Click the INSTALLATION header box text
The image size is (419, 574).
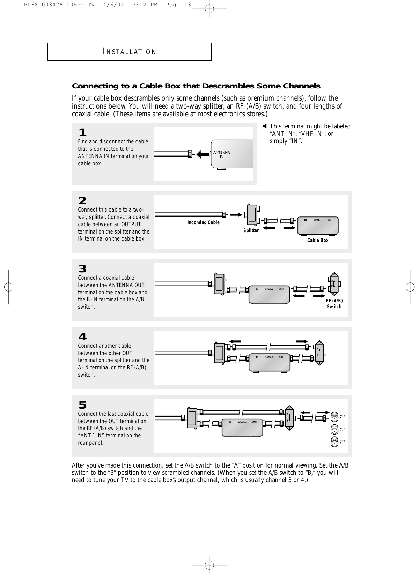(130, 52)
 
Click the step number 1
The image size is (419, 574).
(82, 133)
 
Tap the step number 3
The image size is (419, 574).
(82, 269)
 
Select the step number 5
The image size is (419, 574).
(82, 405)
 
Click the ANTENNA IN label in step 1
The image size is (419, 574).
(222, 154)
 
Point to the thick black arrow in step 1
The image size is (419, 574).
(203, 154)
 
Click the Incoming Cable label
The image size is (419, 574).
(204, 222)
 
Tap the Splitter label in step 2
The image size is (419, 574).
(251, 230)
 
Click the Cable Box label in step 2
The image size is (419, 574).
(318, 240)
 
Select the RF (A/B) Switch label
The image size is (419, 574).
(334, 304)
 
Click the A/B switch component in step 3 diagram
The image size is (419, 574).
(334, 284)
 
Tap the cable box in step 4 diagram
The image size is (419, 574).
(269, 362)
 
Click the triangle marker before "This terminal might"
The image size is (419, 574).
(265, 126)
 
